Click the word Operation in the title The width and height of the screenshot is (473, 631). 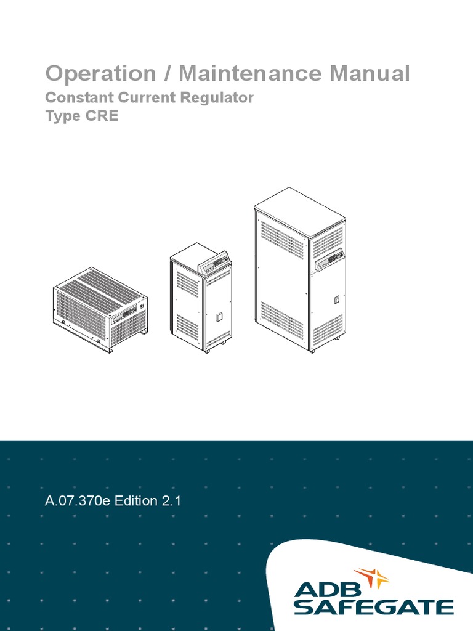coord(100,74)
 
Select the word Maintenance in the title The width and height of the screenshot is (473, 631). coord(250,73)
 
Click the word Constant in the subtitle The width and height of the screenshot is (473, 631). coord(80,97)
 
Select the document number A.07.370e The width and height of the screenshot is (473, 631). coord(77,501)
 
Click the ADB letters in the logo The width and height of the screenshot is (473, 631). coord(328,590)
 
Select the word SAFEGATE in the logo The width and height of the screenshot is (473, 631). coord(374,607)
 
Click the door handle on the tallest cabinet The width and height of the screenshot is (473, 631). coord(337,299)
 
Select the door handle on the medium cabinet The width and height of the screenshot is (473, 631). coord(219,317)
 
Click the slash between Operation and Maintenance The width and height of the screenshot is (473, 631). coord(168,74)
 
